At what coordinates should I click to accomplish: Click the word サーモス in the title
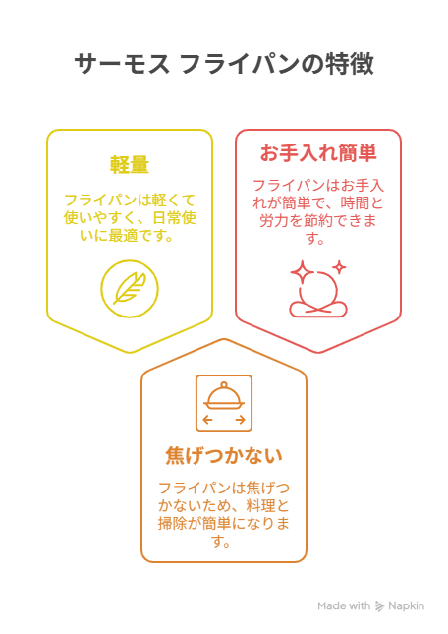click(122, 64)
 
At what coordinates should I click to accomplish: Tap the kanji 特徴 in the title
click(350, 64)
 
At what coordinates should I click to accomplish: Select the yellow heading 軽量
click(130, 165)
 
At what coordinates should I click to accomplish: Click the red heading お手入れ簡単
click(318, 153)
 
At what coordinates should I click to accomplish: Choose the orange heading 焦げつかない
click(224, 455)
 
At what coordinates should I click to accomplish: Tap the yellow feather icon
click(130, 289)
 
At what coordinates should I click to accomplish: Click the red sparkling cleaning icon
click(318, 289)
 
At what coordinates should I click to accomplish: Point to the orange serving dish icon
click(224, 403)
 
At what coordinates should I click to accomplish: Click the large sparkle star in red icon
click(302, 272)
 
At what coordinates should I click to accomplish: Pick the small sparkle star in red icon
click(340, 267)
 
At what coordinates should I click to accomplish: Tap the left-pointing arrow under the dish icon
click(207, 420)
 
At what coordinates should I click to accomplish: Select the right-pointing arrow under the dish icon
click(241, 420)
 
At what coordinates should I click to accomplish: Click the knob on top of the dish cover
click(224, 385)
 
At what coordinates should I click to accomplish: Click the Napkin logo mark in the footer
click(379, 606)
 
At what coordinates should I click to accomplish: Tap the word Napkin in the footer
click(406, 606)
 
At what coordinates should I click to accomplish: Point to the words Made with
click(344, 606)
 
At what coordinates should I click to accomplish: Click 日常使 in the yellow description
click(174, 218)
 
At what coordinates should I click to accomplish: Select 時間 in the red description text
click(355, 203)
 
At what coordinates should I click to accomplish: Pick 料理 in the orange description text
click(260, 506)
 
